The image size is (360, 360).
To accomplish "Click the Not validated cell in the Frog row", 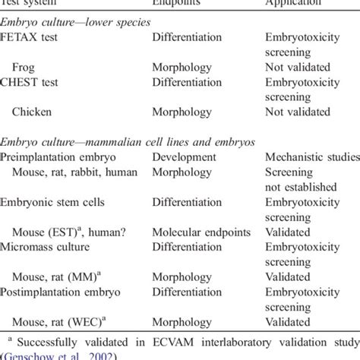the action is coord(298,67).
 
